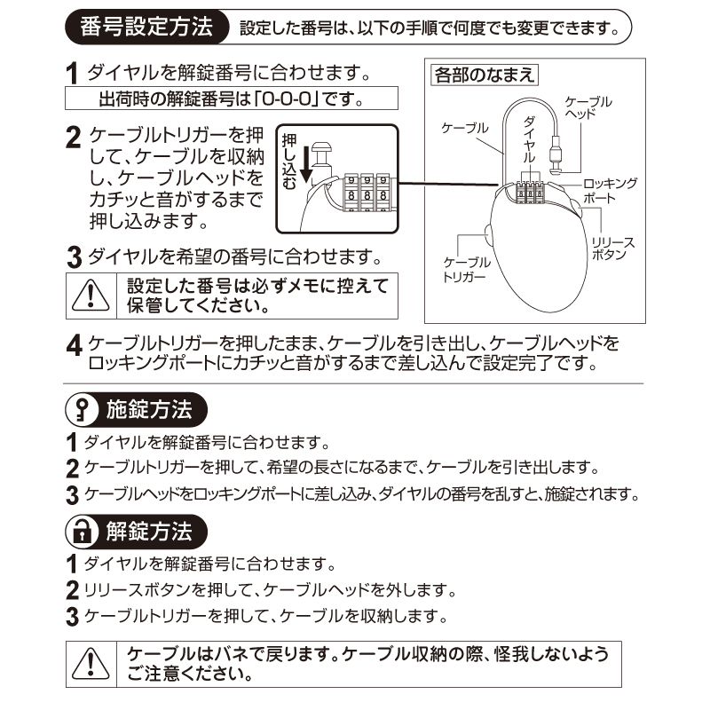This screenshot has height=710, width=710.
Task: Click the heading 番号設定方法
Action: (146, 28)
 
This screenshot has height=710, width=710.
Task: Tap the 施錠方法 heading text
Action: (149, 409)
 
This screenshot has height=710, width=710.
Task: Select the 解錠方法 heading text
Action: (149, 531)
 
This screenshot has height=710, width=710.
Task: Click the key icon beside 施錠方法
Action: (82, 409)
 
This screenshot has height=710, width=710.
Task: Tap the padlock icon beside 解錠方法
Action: (82, 531)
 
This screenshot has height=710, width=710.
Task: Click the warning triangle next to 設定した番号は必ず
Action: (91, 296)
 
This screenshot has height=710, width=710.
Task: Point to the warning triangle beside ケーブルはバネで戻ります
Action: (91, 664)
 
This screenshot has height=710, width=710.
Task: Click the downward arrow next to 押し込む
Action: (306, 164)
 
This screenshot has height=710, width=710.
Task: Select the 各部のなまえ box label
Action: (484, 75)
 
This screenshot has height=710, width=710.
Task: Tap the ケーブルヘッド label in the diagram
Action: (588, 107)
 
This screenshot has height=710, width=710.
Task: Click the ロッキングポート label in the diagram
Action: (610, 191)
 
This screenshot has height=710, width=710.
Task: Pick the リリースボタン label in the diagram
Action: (612, 248)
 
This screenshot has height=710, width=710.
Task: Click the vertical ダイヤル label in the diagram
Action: (529, 140)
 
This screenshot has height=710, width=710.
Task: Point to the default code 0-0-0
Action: (287, 99)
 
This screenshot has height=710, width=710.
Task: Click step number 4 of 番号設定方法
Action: (74, 346)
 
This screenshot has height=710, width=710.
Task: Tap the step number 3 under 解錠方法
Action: (73, 616)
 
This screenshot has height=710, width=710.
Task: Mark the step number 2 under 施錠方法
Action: (73, 469)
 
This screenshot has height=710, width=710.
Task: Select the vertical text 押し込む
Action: (289, 161)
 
